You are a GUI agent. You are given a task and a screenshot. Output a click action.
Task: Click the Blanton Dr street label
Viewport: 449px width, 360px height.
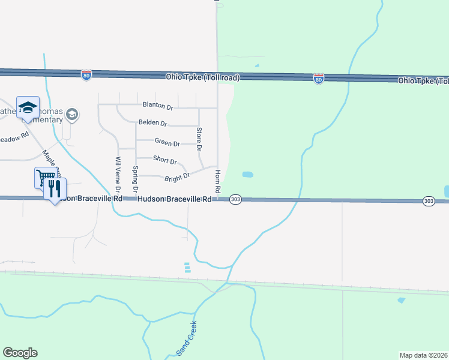tap(157, 107)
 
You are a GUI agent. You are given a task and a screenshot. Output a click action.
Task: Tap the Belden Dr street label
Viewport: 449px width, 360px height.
tap(152, 123)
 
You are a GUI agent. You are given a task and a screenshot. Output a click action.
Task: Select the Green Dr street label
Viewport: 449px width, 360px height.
tap(167, 143)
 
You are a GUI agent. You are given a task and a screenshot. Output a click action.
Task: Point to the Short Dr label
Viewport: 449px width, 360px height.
tap(164, 160)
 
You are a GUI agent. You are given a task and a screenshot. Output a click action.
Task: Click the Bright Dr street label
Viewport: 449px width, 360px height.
tap(177, 177)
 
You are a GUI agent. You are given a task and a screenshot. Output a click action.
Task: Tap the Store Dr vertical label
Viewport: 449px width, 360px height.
tap(199, 139)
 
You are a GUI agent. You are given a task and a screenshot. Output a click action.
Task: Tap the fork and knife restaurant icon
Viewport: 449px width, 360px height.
tap(55, 189)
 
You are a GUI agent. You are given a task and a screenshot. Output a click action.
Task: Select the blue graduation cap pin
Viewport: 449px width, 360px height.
tap(28, 107)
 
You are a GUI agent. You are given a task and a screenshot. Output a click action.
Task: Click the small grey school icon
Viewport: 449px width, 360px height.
tap(71, 114)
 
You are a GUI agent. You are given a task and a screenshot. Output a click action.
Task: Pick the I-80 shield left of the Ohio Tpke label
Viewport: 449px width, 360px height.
tap(86, 75)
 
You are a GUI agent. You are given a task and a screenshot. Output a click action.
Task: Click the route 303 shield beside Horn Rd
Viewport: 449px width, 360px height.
tap(235, 199)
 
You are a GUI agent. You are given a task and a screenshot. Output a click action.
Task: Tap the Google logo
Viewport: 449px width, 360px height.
tap(20, 353)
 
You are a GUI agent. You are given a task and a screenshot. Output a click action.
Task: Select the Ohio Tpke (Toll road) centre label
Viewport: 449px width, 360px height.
tap(203, 77)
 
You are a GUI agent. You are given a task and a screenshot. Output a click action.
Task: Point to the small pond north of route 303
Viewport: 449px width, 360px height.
tap(247, 175)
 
